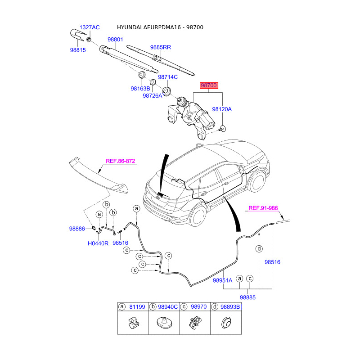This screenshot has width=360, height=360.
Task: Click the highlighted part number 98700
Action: click(x=209, y=85)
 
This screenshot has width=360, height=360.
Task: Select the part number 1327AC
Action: click(x=90, y=27)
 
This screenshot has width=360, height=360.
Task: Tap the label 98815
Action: click(x=77, y=51)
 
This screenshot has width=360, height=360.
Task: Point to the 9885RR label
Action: click(x=161, y=47)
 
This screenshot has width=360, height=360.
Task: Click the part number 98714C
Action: click(x=168, y=77)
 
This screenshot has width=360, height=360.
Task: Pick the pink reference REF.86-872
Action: click(x=121, y=161)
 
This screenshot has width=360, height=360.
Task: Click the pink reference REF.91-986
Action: click(x=263, y=208)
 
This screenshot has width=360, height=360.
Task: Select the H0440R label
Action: click(x=98, y=243)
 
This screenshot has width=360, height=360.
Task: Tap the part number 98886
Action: click(x=77, y=229)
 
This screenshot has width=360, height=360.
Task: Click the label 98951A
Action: click(x=222, y=280)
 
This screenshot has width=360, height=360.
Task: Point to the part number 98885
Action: click(x=247, y=297)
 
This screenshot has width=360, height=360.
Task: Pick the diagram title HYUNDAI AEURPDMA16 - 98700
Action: click(x=160, y=27)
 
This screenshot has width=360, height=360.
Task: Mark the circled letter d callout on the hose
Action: click(x=259, y=249)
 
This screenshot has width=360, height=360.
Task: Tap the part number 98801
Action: click(x=115, y=40)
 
